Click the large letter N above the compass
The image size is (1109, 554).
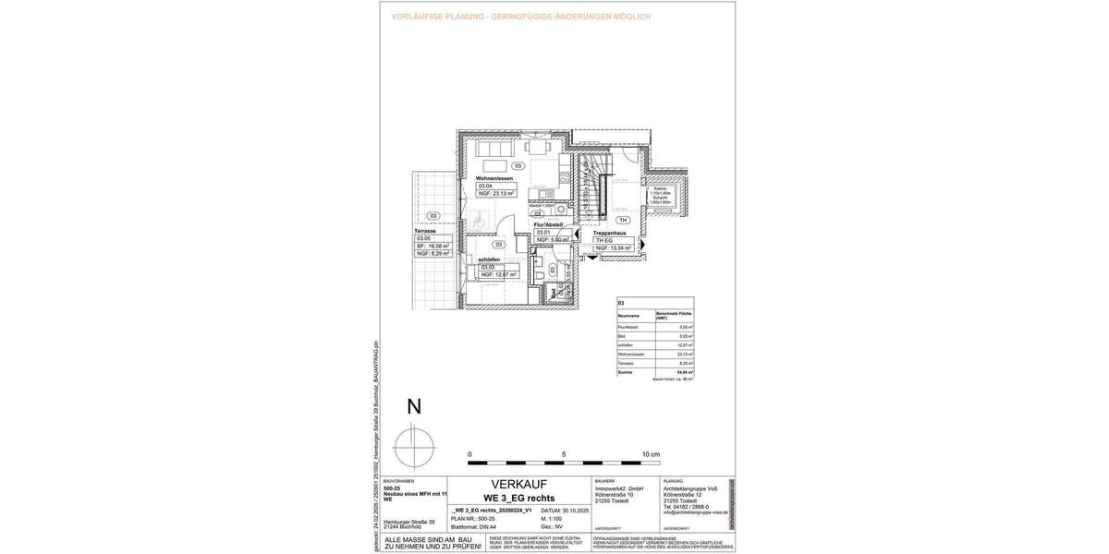click(415, 407)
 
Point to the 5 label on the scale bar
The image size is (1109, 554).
click(564, 455)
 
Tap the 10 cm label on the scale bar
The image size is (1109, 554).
click(651, 455)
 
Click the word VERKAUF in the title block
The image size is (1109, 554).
click(518, 485)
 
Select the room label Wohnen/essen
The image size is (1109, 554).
click(494, 177)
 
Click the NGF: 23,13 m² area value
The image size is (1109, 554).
click(495, 194)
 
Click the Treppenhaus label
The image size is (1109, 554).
click(612, 233)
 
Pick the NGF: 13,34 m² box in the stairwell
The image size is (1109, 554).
click(614, 248)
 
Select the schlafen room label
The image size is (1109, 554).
click(490, 260)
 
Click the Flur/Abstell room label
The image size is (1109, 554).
click(549, 224)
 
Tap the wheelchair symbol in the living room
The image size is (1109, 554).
click(479, 222)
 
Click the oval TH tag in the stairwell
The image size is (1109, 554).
click(623, 221)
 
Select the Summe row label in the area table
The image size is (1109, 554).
click(625, 372)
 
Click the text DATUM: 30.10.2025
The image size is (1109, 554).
click(562, 510)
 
